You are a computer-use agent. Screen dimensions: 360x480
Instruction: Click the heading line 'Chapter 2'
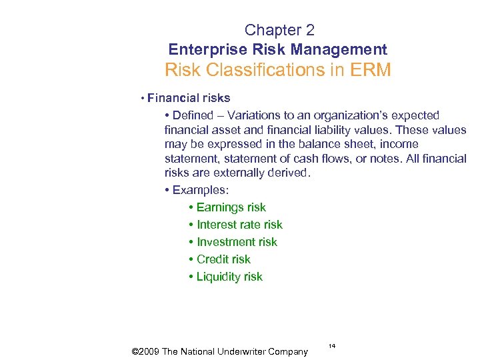[x=279, y=30]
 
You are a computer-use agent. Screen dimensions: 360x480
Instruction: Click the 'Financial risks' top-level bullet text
[x=189, y=98]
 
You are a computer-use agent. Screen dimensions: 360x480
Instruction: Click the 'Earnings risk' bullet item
[x=231, y=207]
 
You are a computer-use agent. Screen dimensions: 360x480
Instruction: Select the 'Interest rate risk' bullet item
[x=239, y=225]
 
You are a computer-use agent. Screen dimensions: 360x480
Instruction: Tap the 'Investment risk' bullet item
[x=237, y=242]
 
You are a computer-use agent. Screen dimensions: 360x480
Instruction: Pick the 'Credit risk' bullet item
[x=223, y=259]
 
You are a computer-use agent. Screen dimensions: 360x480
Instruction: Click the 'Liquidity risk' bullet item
[x=229, y=277]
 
